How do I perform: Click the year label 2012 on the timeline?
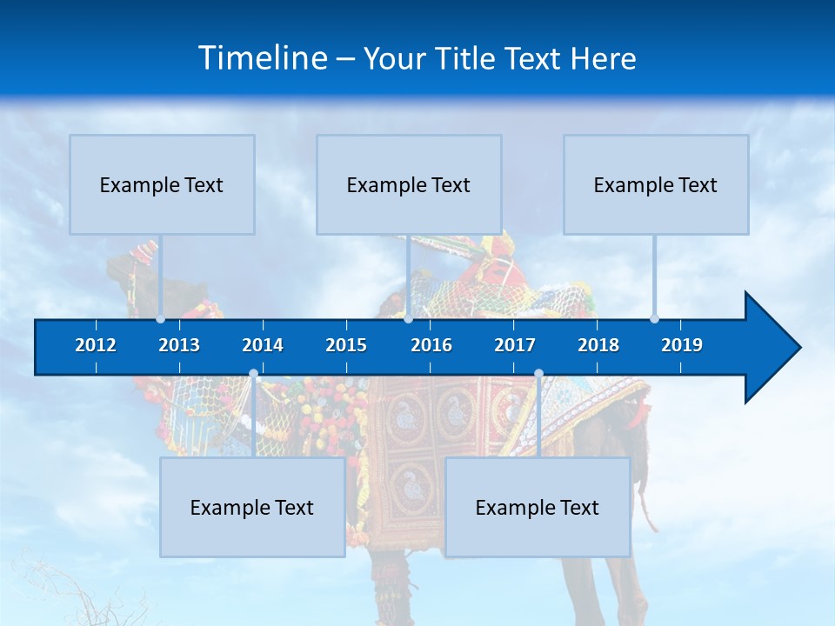(x=96, y=345)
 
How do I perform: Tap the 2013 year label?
(x=179, y=345)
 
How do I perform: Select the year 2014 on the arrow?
(x=263, y=345)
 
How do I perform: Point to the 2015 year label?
(x=346, y=345)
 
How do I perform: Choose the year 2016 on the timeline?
(x=431, y=345)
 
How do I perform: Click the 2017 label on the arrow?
(x=515, y=345)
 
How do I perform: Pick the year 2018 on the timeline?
(x=598, y=345)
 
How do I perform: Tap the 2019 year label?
(x=682, y=345)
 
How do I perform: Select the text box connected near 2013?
(x=162, y=184)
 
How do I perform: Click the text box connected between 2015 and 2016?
(x=409, y=184)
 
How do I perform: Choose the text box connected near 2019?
(x=656, y=184)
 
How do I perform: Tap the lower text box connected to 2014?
(x=252, y=507)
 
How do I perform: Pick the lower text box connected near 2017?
(x=538, y=507)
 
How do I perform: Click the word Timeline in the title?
(x=262, y=58)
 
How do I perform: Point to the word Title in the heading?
(x=467, y=59)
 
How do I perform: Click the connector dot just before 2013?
(x=161, y=319)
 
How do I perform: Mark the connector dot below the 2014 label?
(x=253, y=374)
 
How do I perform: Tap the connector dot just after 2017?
(x=538, y=374)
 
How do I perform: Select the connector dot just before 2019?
(x=655, y=319)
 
